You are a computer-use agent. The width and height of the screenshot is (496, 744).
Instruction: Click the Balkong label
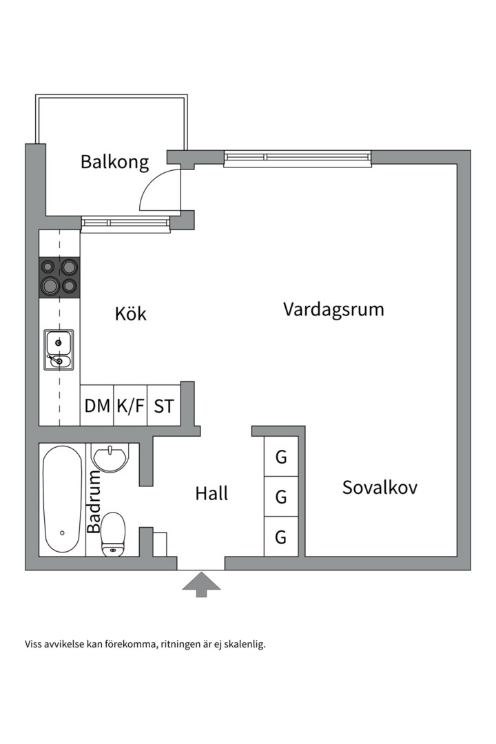(x=114, y=163)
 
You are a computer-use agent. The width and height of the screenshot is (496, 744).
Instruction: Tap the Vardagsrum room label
(x=333, y=309)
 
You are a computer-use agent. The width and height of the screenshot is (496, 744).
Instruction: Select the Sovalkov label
(x=380, y=488)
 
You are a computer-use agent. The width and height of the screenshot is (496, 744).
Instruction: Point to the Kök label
(x=130, y=314)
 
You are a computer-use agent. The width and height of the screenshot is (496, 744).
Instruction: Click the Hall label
(x=211, y=493)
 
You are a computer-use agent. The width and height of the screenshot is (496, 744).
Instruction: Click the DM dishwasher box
(x=97, y=406)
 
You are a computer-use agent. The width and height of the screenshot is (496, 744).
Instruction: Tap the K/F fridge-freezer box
(x=130, y=406)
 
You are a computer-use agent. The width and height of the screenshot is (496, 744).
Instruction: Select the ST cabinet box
(x=164, y=406)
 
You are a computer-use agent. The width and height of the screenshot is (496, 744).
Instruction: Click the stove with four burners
(x=59, y=277)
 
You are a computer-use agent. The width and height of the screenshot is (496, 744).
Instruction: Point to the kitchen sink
(x=59, y=350)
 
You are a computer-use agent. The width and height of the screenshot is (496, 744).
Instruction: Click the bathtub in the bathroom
(x=62, y=500)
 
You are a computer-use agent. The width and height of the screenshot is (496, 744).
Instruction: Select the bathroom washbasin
(x=110, y=457)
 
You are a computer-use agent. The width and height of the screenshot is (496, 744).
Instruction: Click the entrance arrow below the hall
(x=201, y=583)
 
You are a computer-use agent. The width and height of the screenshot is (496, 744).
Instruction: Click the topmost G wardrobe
(x=281, y=457)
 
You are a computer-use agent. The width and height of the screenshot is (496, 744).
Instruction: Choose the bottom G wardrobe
(x=281, y=537)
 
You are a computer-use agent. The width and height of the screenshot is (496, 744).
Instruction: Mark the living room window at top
(x=298, y=159)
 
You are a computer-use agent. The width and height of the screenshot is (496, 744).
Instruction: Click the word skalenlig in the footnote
(x=244, y=645)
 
